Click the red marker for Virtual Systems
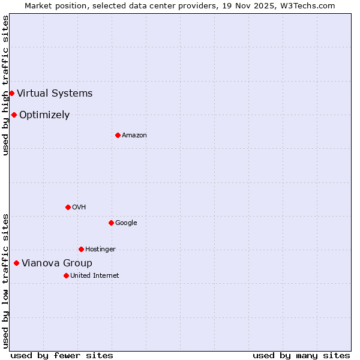pos(11,93)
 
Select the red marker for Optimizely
pos(14,115)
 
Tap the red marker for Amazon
pos(118,135)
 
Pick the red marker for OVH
pos(68,207)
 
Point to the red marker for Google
pos(111,223)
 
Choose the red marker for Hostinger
pos(81,249)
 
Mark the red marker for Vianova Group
pos(16,263)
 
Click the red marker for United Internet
pos(66,275)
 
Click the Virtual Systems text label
pos(55,93)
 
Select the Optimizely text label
pos(44,115)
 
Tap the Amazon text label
pos(134,136)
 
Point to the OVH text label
pos(79,208)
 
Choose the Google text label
pos(126,223)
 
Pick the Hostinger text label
pos(100,250)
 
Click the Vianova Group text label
pos(57,263)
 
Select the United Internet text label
pos(95,276)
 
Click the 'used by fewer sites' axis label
pos(62,355)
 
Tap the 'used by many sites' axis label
pos(301,355)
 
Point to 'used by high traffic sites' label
pos(5,85)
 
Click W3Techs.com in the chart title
pos(307,5)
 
